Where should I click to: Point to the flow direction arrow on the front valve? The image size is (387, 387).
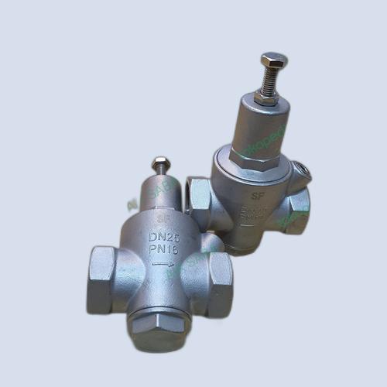(164, 265)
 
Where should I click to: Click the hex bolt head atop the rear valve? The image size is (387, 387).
(273, 60)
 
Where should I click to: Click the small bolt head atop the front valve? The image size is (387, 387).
(160, 163)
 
